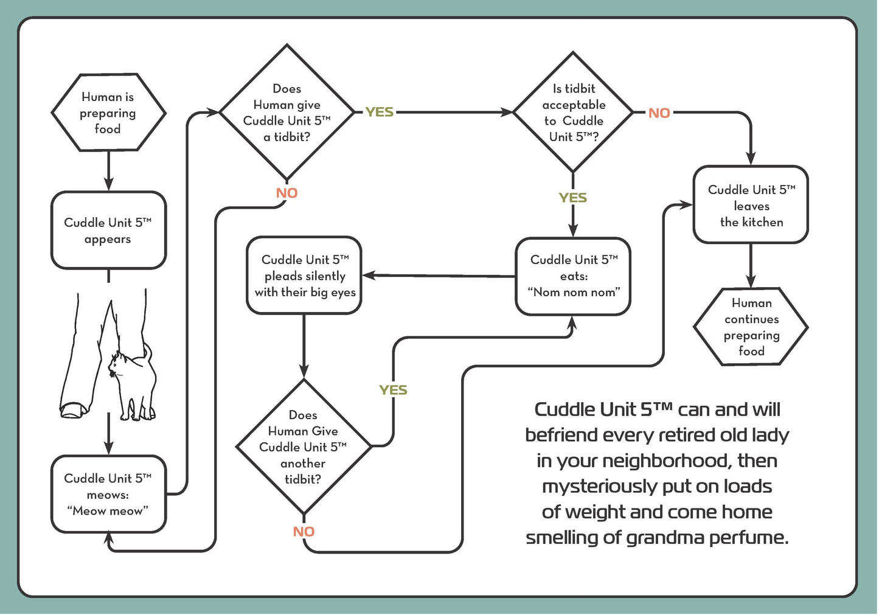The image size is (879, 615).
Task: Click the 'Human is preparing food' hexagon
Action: tap(108, 113)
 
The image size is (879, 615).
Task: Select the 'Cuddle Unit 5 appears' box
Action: tap(108, 231)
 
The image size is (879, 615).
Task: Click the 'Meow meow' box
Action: tap(108, 495)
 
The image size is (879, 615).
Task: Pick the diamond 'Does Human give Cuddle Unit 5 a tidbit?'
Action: tap(287, 113)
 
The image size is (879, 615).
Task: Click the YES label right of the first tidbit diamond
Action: tap(379, 113)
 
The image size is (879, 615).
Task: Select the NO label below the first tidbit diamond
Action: tap(287, 193)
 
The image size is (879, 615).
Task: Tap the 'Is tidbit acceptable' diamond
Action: tap(573, 113)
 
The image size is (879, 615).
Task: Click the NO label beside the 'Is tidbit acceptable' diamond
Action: tap(659, 113)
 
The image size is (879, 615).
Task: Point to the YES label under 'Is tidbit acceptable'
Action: tap(572, 198)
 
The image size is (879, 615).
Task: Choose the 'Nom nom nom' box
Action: tap(573, 276)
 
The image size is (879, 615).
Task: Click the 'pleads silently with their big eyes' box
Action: tap(304, 276)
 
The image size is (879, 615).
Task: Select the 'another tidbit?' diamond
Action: tap(303, 447)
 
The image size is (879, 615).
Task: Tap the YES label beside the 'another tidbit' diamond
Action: tap(393, 391)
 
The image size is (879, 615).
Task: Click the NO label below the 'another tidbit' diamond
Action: tap(304, 532)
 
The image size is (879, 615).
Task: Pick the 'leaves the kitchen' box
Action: tap(751, 206)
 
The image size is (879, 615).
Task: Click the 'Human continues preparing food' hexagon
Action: tap(751, 327)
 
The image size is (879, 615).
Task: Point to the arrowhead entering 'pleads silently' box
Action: tap(369, 276)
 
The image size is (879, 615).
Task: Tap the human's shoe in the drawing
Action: tap(72, 409)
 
